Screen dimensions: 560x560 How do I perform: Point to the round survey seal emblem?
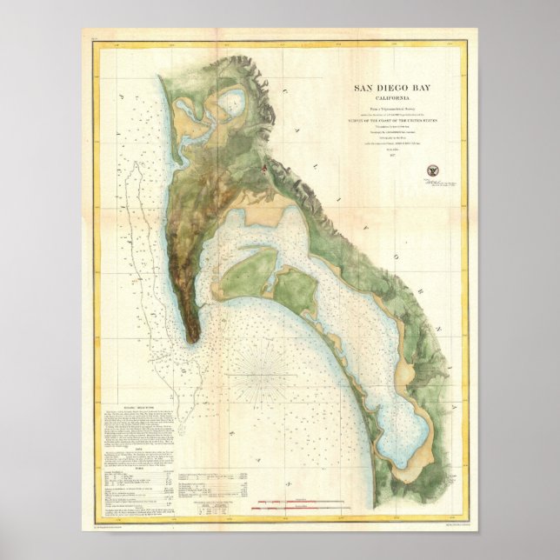click(x=431, y=171)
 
